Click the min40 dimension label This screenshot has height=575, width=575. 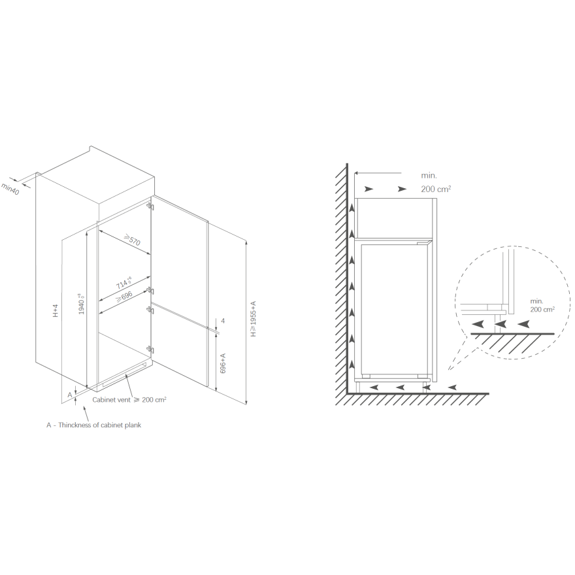10,189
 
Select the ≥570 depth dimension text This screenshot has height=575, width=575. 132,240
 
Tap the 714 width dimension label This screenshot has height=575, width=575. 124,283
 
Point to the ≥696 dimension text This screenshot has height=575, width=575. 124,296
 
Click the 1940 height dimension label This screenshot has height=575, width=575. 82,303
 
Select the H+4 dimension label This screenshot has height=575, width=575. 56,310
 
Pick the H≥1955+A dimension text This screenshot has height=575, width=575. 253,319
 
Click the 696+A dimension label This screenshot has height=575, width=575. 223,363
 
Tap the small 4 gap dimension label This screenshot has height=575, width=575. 223,321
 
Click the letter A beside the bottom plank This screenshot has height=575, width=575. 70,395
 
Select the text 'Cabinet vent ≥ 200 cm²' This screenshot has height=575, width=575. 129,399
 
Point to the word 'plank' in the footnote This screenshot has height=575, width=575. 133,425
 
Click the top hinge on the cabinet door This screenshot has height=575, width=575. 150,206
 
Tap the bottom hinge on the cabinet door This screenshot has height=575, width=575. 150,349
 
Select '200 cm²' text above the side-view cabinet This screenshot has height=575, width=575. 436,189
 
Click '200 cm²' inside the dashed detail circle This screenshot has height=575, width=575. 542,309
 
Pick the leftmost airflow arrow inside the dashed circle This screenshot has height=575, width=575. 477,324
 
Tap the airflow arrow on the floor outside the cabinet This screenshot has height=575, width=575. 453,387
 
